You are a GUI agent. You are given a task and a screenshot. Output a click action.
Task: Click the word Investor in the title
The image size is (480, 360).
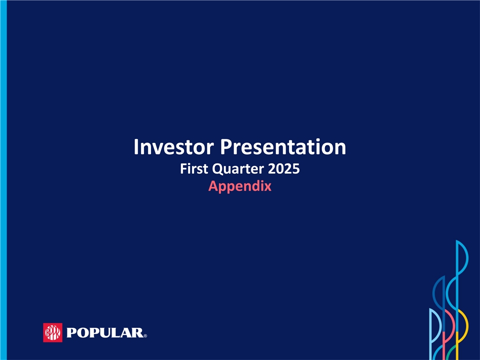coord(173,147)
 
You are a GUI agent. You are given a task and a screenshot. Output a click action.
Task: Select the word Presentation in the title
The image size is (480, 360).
coord(283,147)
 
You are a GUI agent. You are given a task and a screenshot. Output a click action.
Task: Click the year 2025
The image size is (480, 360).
coord(284,168)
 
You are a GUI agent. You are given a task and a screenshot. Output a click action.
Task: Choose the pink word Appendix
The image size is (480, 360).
coord(239,186)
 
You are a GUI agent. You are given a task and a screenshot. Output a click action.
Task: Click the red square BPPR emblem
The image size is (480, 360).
coord(52,332)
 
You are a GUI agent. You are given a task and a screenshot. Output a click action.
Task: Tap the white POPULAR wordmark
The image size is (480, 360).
coord(104,333)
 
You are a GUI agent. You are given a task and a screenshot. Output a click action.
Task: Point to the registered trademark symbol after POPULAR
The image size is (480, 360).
coord(145,336)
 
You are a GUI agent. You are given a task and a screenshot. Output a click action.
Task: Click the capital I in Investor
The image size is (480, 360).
coord(136,147)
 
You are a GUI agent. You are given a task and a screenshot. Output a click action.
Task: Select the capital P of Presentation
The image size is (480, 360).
coord(225,147)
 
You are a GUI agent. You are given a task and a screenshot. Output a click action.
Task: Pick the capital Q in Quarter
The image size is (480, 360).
coord(217,169)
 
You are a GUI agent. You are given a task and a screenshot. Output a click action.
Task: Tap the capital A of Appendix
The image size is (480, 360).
coord(213,186)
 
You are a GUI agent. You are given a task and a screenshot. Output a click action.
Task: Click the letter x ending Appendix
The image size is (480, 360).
coord(267,187)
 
